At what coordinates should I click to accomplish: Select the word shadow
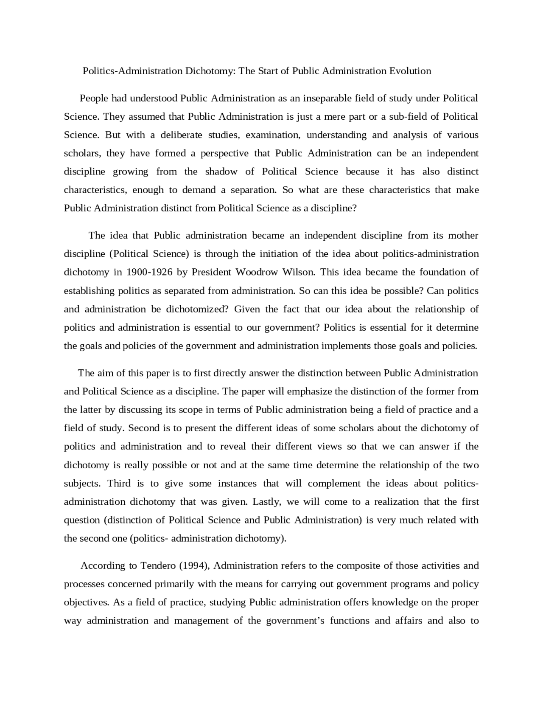[221, 172]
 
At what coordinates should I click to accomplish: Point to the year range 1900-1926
[149, 272]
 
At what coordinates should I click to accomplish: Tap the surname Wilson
[299, 272]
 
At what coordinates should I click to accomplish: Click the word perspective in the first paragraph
[224, 153]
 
